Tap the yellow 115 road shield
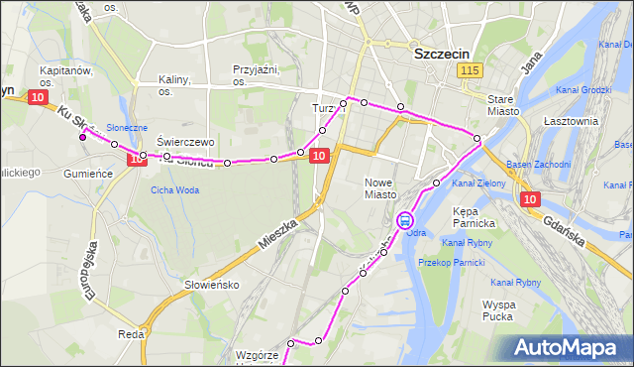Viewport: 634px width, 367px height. click(x=471, y=70)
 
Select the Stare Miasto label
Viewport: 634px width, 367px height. click(x=504, y=105)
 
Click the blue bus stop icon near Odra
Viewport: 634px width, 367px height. click(x=405, y=220)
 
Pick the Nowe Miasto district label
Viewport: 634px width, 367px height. click(x=379, y=188)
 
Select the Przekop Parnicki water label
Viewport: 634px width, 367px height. click(x=451, y=262)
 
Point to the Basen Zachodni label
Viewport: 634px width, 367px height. click(x=538, y=164)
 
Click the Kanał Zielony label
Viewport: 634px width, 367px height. click(x=478, y=183)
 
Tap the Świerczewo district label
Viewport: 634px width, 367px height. click(x=185, y=142)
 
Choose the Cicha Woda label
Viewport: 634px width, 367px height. click(x=174, y=190)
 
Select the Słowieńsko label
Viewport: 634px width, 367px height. click(x=212, y=285)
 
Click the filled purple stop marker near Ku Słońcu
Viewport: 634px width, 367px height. click(x=83, y=137)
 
